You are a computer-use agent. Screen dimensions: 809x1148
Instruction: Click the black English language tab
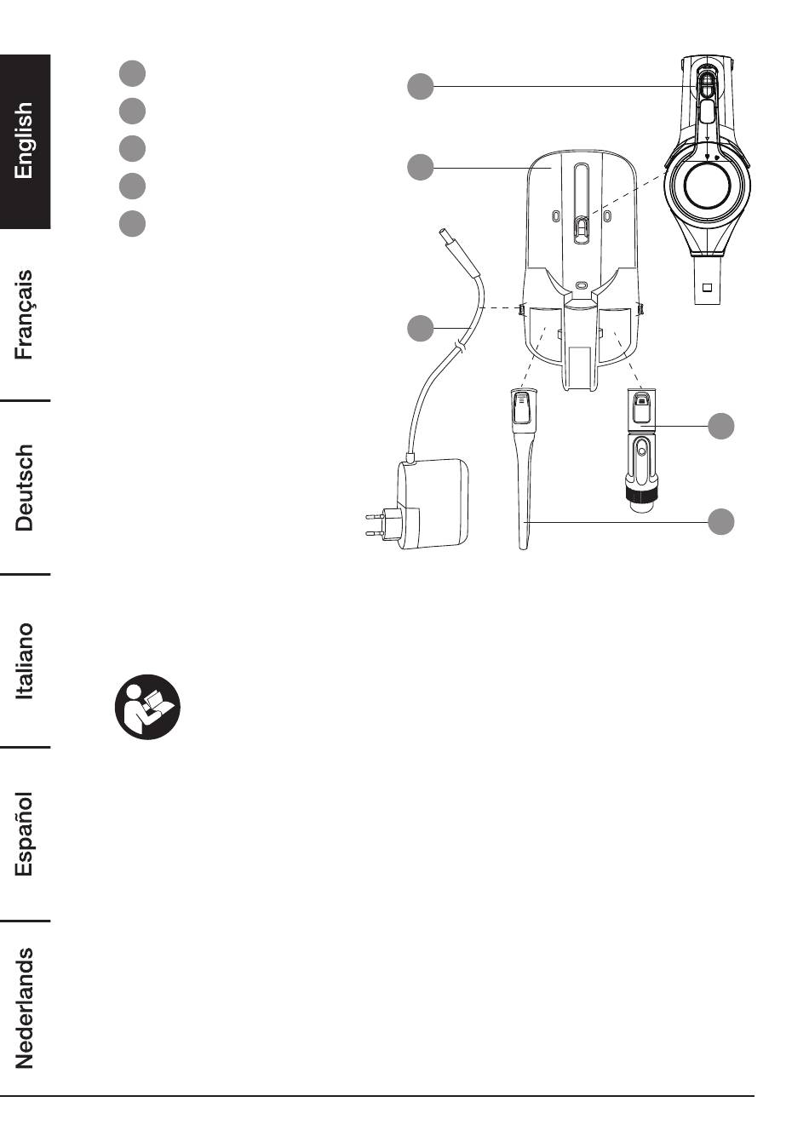click(x=25, y=141)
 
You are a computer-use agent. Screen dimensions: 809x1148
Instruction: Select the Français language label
click(x=24, y=314)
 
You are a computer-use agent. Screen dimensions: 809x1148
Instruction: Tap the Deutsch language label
click(x=24, y=487)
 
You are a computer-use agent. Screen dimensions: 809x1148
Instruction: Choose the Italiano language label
click(x=24, y=661)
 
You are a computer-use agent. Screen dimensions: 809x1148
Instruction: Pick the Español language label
click(x=24, y=834)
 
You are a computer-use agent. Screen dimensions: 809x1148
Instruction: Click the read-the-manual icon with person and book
click(x=147, y=707)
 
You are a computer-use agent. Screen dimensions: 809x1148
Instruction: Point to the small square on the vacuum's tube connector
click(x=708, y=287)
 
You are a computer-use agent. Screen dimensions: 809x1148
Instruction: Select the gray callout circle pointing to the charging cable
click(x=421, y=328)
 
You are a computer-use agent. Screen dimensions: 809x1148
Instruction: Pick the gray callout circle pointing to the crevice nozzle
click(x=721, y=522)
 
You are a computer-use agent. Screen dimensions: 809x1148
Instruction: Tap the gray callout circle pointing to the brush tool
click(x=721, y=426)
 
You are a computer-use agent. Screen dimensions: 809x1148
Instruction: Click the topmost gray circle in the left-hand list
click(x=132, y=73)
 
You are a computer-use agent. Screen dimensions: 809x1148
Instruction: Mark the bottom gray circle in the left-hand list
click(x=132, y=223)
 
